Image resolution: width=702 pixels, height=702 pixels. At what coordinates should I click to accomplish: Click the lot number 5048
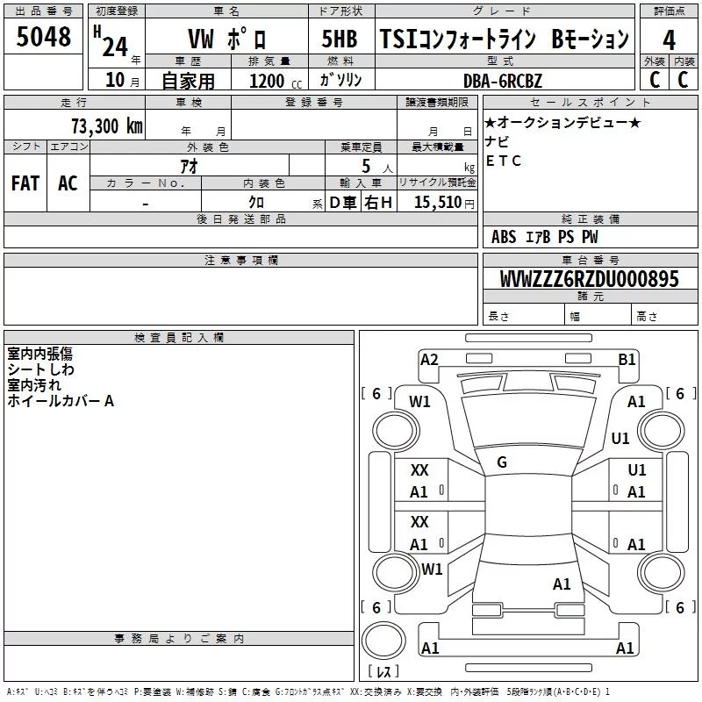click(43, 37)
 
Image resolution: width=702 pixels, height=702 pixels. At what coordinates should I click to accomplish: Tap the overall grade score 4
click(669, 40)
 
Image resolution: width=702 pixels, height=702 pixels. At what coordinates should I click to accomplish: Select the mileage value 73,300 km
click(107, 126)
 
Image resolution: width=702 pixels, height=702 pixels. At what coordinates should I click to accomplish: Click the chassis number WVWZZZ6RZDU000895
click(589, 279)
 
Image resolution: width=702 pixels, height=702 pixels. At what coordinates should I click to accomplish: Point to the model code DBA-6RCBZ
click(502, 81)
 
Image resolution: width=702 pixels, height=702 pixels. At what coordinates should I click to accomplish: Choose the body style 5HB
click(340, 39)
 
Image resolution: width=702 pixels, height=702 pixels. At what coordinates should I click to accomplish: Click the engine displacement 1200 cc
click(276, 81)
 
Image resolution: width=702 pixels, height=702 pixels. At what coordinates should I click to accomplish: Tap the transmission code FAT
click(25, 183)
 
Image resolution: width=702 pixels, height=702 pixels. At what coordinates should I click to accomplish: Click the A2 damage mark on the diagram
click(429, 360)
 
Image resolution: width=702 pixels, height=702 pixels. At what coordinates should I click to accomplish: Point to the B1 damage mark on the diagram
click(627, 360)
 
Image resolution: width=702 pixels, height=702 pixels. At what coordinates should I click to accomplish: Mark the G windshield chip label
click(502, 462)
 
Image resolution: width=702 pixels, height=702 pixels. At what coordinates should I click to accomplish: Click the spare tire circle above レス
click(383, 640)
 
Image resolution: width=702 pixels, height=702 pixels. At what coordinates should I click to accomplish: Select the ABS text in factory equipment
click(504, 237)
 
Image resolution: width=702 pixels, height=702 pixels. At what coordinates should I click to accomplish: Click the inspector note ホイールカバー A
click(61, 401)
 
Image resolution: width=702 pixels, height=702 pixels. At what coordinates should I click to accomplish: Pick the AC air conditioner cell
click(68, 183)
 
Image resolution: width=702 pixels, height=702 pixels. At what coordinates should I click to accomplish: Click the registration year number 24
click(115, 47)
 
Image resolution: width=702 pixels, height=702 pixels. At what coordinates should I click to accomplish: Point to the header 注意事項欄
click(240, 260)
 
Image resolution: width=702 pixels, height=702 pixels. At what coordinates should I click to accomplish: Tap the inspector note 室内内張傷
click(39, 354)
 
